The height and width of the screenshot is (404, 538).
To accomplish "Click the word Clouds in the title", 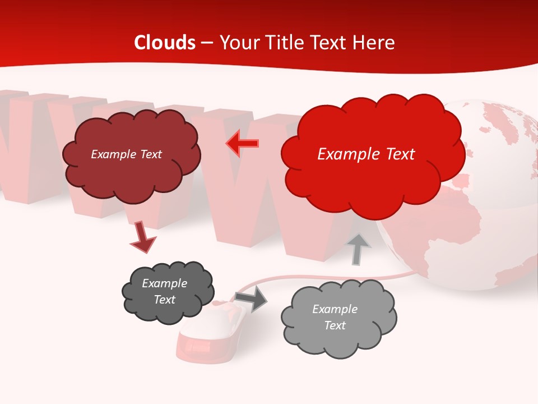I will [165, 43].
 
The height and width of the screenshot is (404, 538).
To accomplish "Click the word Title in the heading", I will [283, 43].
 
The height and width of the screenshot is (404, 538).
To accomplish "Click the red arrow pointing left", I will [242, 144].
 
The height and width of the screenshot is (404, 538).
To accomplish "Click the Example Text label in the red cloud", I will [366, 154].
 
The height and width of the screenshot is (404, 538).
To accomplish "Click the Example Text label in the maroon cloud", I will [126, 154].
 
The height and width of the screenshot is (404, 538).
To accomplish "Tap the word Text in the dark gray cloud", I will [164, 300].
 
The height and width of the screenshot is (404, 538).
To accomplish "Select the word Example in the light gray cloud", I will [335, 309].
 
